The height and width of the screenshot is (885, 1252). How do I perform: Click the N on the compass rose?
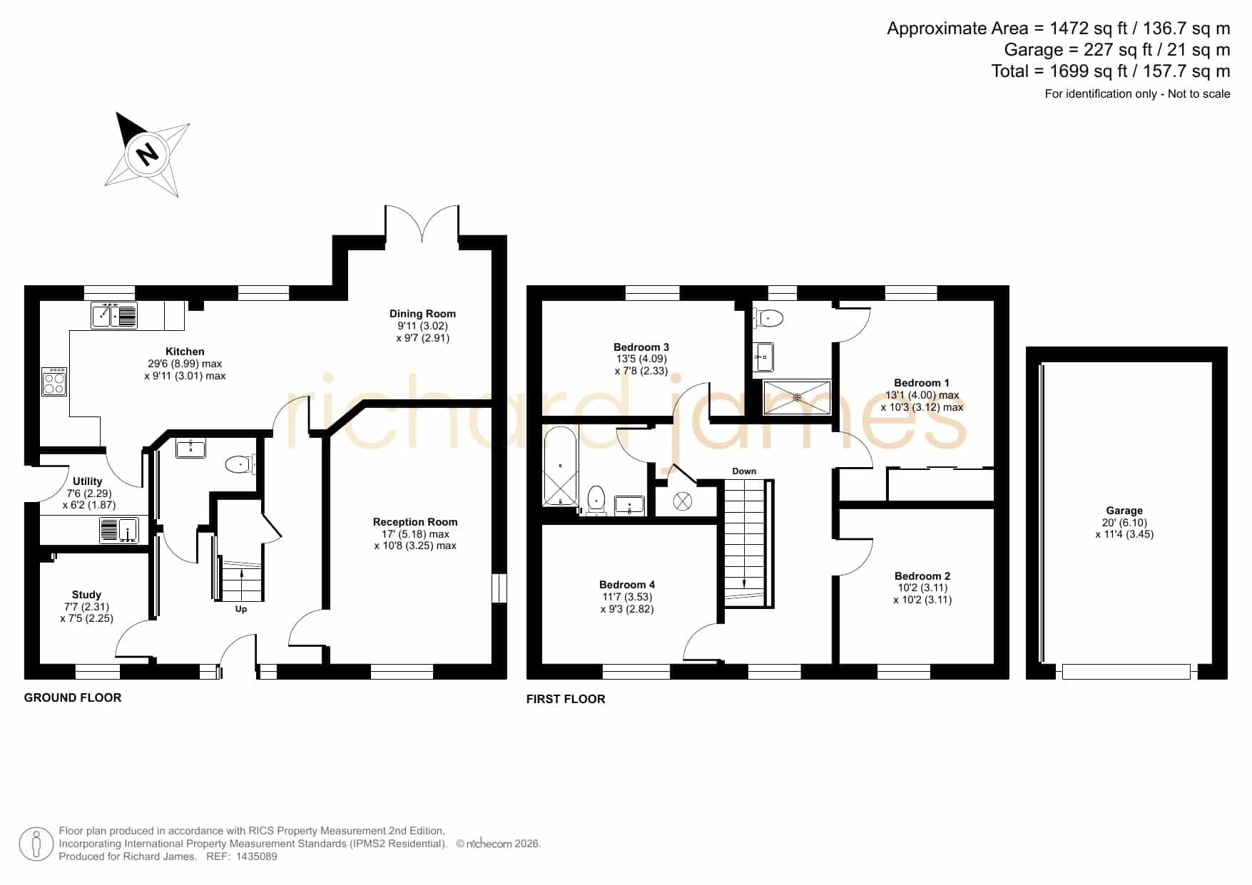[x=147, y=153]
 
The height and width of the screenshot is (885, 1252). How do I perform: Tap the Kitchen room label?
[x=185, y=352]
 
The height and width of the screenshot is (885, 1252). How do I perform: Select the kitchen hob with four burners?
[x=54, y=382]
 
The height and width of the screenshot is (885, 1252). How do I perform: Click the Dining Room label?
[x=422, y=314]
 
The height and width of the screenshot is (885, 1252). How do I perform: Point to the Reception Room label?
[x=415, y=522]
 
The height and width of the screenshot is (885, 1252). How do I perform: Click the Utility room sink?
[x=119, y=530]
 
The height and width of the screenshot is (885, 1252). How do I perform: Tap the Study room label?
[x=86, y=595]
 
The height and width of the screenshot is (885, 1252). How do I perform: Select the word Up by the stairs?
[x=241, y=609]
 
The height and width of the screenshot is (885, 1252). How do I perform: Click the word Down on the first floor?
[x=744, y=471]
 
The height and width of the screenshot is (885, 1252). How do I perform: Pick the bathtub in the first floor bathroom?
[x=560, y=466]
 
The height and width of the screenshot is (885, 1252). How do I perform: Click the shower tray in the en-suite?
[x=797, y=397]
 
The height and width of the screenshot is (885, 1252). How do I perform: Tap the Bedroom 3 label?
[x=641, y=347]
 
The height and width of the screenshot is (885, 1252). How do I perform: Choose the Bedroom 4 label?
[x=627, y=585]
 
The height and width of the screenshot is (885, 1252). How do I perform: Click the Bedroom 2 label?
[x=922, y=576]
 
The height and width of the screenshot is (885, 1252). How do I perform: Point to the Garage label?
[x=1124, y=511]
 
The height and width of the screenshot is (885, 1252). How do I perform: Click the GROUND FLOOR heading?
[x=73, y=697]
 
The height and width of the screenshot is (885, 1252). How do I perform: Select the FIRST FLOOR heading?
[x=566, y=699]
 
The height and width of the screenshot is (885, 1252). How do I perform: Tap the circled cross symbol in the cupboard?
[x=683, y=501]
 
